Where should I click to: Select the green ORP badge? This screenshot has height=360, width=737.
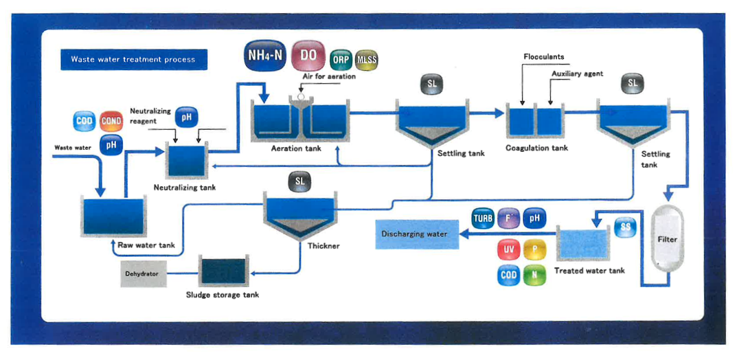pos(340,60)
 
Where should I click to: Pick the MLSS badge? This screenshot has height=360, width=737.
pos(366,60)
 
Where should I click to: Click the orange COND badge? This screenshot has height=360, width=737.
pos(111,121)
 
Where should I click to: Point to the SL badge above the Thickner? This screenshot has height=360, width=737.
pos(299,181)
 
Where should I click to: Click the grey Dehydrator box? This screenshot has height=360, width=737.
pos(141,273)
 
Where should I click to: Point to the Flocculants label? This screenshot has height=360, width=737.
pos(544,57)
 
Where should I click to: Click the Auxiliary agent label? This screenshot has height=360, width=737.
pos(578,74)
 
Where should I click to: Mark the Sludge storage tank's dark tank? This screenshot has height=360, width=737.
pos(223,273)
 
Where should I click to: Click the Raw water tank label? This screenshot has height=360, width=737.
pos(146,245)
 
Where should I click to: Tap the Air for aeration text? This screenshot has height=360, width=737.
pos(329,76)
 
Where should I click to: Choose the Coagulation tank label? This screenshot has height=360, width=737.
pos(537,148)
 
